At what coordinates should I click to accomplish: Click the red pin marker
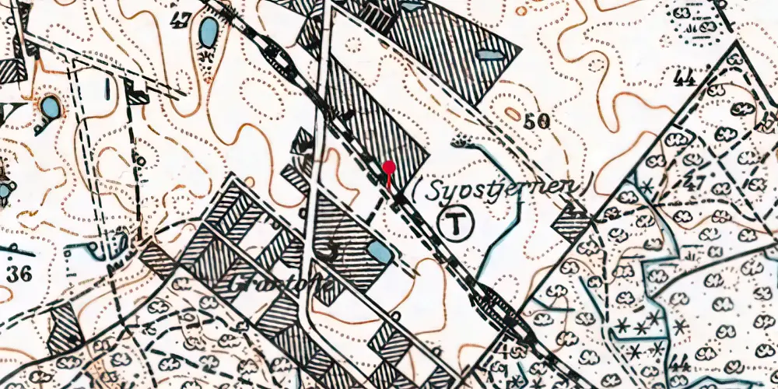(388, 166)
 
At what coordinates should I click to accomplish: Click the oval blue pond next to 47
(208, 33)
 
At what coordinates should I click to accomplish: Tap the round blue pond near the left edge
(50, 107)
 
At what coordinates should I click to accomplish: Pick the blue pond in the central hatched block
(380, 251)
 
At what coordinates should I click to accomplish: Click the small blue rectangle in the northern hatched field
(488, 54)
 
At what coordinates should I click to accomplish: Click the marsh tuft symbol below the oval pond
(206, 58)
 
